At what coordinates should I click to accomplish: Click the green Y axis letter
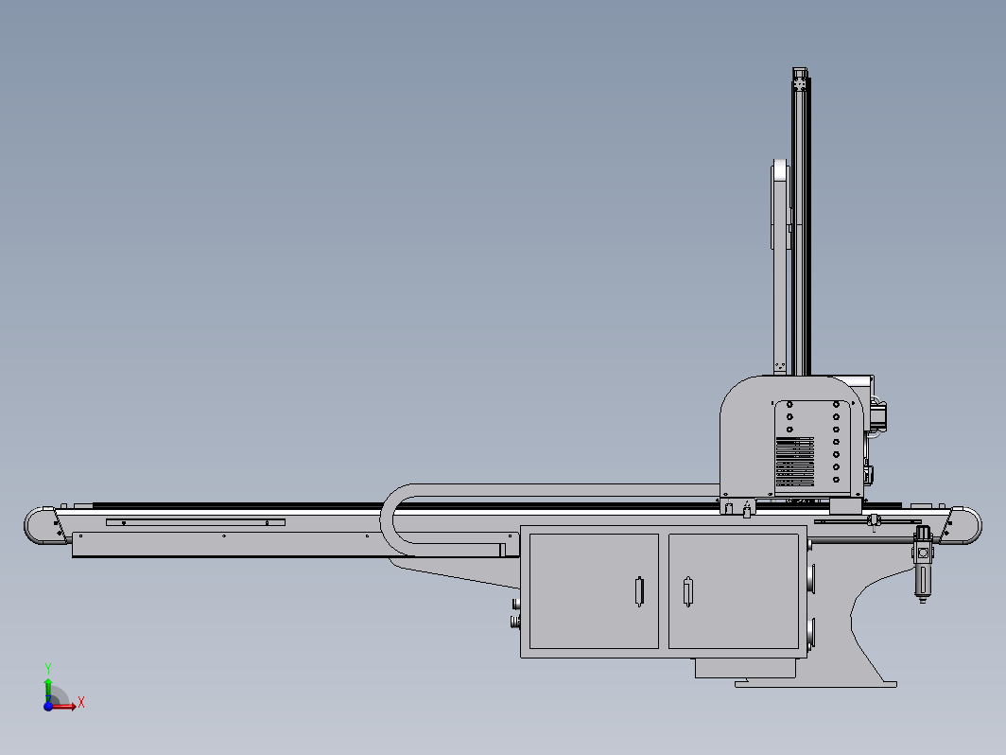point(48,669)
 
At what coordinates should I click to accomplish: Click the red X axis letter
point(81,702)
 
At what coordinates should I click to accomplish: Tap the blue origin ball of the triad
point(48,706)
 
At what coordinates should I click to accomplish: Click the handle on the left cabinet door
point(639,591)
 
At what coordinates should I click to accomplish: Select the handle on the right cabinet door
point(687,591)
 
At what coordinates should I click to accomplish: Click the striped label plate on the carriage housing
point(795,462)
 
